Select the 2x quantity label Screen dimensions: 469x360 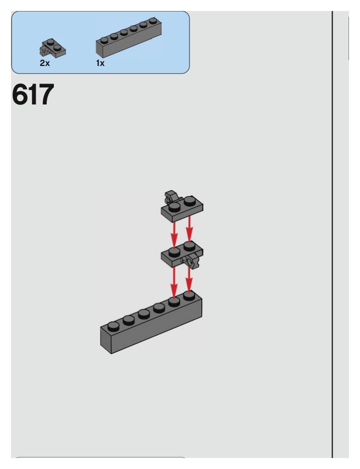[44, 63]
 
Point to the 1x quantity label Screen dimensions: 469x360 [100, 63]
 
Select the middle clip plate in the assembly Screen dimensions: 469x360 [181, 254]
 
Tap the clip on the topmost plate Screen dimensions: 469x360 [170, 195]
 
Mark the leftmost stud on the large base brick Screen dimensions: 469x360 [113, 325]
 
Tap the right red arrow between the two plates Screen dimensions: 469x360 [190, 229]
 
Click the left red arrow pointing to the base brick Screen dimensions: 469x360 [174, 280]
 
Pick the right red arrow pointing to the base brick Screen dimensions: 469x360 [189, 278]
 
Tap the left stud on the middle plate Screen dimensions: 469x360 [174, 252]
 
